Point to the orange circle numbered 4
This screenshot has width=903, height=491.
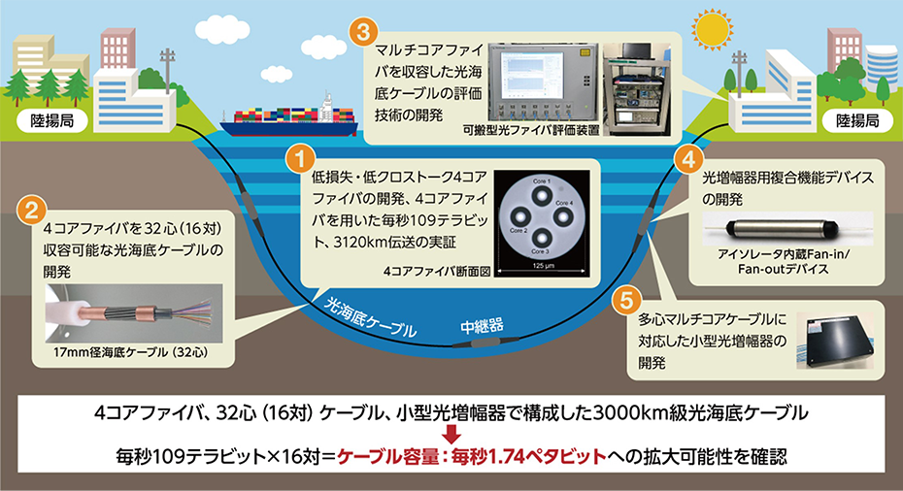687,157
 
